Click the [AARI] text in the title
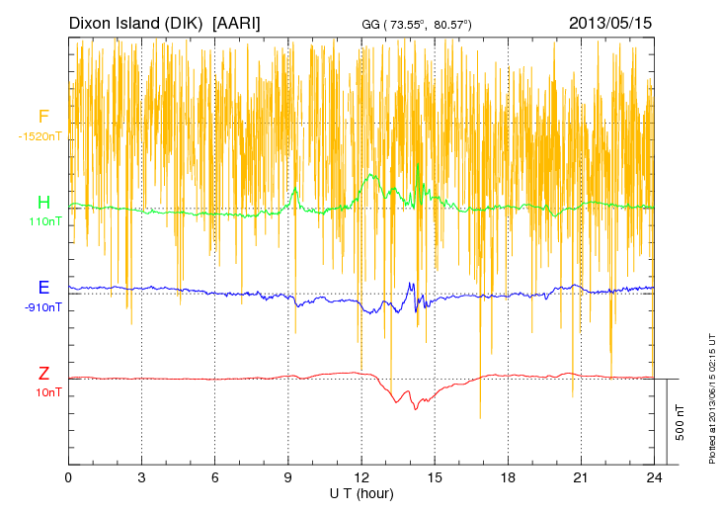pos(237,22)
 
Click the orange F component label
pos(43,117)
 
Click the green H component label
pos(43,203)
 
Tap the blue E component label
pos(43,288)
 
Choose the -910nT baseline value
pos(42,307)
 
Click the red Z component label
pos(43,374)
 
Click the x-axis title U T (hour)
pos(361,492)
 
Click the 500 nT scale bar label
pos(681,422)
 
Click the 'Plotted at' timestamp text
pos(711,395)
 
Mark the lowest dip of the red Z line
pos(416,409)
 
